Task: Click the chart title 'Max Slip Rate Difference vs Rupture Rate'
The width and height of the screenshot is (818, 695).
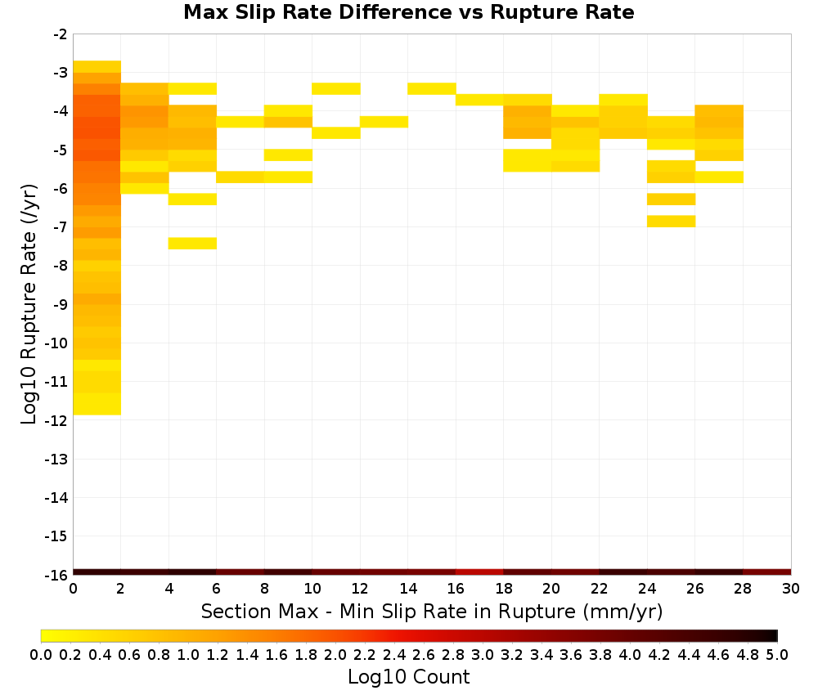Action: click(408, 12)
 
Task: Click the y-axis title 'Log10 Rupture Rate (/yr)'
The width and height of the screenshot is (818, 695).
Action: click(29, 304)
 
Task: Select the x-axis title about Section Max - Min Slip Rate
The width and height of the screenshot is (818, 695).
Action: click(431, 611)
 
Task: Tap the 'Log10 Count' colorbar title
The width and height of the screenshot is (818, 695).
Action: click(408, 677)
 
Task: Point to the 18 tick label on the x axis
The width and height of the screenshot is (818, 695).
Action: click(503, 589)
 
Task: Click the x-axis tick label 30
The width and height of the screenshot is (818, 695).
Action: click(791, 589)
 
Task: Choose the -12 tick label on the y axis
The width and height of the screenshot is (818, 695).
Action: click(56, 420)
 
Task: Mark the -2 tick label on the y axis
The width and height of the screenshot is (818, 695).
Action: click(61, 34)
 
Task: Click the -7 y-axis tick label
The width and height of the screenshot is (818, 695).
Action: click(61, 227)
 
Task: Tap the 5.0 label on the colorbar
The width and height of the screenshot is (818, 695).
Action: click(777, 654)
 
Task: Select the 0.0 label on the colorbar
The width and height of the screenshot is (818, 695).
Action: click(41, 654)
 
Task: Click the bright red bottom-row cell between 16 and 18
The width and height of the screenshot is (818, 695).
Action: click(479, 572)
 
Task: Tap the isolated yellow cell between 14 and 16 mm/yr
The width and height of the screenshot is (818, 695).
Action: click(432, 88)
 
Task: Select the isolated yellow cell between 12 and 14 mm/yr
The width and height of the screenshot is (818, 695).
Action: click(384, 122)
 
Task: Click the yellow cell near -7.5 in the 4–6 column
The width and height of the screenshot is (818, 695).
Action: click(192, 244)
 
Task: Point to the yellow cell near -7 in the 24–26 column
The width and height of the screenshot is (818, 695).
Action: click(672, 221)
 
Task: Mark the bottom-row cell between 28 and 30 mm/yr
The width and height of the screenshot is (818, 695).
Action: click(767, 572)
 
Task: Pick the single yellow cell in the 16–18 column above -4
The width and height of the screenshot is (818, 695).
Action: click(479, 100)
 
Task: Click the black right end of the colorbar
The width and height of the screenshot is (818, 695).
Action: click(774, 635)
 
